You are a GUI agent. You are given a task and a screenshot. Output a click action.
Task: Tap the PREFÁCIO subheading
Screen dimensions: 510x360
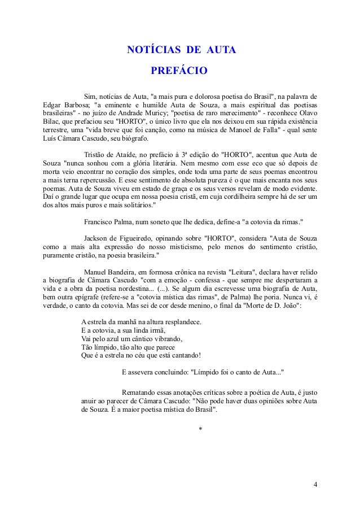[x=179, y=71]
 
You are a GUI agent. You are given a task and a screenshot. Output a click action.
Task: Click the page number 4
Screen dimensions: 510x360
[x=315, y=485]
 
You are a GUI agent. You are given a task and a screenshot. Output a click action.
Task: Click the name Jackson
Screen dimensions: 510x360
[x=96, y=238]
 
